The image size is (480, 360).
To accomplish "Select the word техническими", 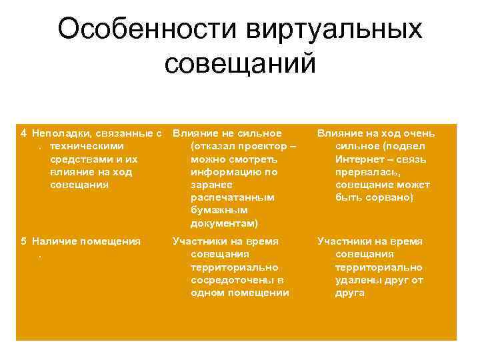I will pyautogui.click(x=86, y=146).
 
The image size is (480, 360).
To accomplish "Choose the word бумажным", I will pyautogui.click(x=215, y=211).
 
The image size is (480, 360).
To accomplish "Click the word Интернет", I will pyautogui.click(x=359, y=159).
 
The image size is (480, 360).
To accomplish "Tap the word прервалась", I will pyautogui.click(x=366, y=172).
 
